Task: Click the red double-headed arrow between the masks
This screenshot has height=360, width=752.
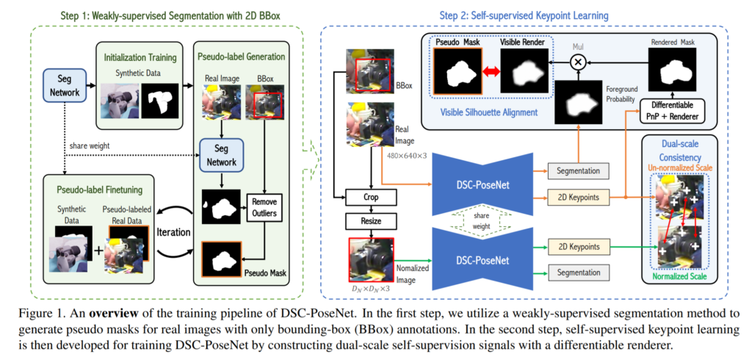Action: [486, 71]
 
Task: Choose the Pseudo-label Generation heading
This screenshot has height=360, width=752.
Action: [241, 55]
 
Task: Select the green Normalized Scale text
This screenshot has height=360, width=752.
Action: [684, 278]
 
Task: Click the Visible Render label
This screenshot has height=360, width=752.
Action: [526, 43]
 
